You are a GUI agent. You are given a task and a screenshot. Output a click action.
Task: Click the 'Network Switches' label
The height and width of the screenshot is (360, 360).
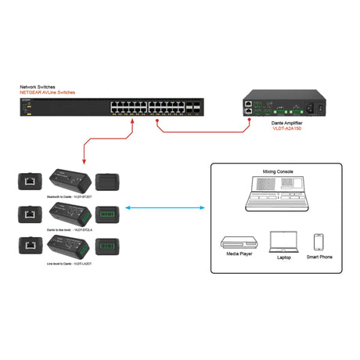coord(38,88)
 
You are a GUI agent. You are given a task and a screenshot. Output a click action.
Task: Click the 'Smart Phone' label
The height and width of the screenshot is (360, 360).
coord(319,256)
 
